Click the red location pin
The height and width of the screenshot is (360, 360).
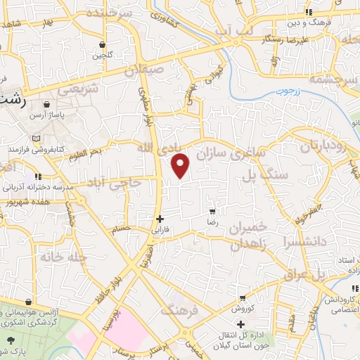click(x=181, y=166)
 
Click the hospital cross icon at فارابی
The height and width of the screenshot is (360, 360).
click(x=161, y=218)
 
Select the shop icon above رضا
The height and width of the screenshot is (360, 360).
click(x=212, y=210)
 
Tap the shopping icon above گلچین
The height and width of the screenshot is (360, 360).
click(x=103, y=44)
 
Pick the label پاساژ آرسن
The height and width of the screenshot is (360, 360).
click(x=56, y=114)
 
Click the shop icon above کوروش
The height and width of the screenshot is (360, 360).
click(x=243, y=297)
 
